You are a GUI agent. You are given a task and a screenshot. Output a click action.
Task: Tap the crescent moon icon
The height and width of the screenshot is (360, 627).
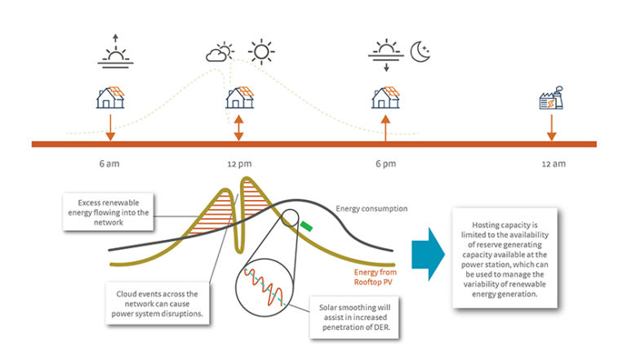click(x=420, y=52)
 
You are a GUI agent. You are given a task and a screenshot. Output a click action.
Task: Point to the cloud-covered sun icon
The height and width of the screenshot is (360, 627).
click(x=219, y=54)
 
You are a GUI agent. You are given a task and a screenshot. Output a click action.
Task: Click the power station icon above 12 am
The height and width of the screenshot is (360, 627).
click(x=551, y=100)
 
